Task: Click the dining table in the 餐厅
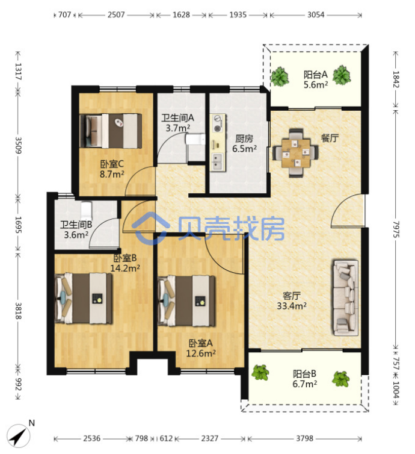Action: click(x=295, y=152)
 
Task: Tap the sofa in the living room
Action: click(x=346, y=298)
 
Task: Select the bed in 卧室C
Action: click(x=111, y=131)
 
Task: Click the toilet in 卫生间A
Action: click(x=195, y=139)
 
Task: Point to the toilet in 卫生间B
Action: click(x=86, y=210)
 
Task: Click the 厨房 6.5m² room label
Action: click(x=244, y=144)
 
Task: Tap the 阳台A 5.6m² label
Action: click(x=316, y=79)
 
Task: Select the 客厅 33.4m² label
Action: click(x=292, y=301)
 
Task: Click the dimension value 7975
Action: click(x=396, y=229)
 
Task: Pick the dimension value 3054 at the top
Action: click(x=316, y=15)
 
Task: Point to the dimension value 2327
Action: click(x=210, y=438)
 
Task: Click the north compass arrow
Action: click(x=19, y=436)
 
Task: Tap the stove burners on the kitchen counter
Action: click(x=218, y=123)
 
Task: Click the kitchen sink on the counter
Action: click(x=218, y=162)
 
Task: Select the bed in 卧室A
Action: click(x=186, y=301)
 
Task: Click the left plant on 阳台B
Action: click(x=260, y=372)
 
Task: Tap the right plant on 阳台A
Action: click(x=342, y=75)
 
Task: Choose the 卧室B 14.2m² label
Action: click(x=125, y=263)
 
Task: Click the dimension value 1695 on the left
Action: click(x=18, y=225)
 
